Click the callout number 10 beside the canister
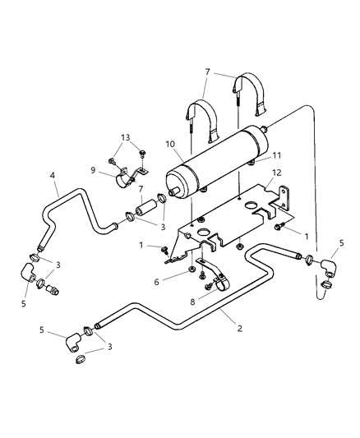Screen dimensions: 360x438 pyautogui.click(x=170, y=144)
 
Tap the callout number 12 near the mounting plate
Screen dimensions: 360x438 pyautogui.click(x=276, y=173)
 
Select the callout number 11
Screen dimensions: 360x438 pyautogui.click(x=276, y=155)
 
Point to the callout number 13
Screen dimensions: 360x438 pyautogui.click(x=126, y=137)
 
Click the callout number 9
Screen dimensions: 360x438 pyautogui.click(x=93, y=170)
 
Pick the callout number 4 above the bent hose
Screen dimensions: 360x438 pyautogui.click(x=53, y=175)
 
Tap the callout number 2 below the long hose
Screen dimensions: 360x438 pyautogui.click(x=240, y=328)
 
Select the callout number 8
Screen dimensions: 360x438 pyautogui.click(x=192, y=302)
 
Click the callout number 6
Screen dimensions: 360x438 pyautogui.click(x=156, y=282)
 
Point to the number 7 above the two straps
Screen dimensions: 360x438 pyautogui.click(x=207, y=72)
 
